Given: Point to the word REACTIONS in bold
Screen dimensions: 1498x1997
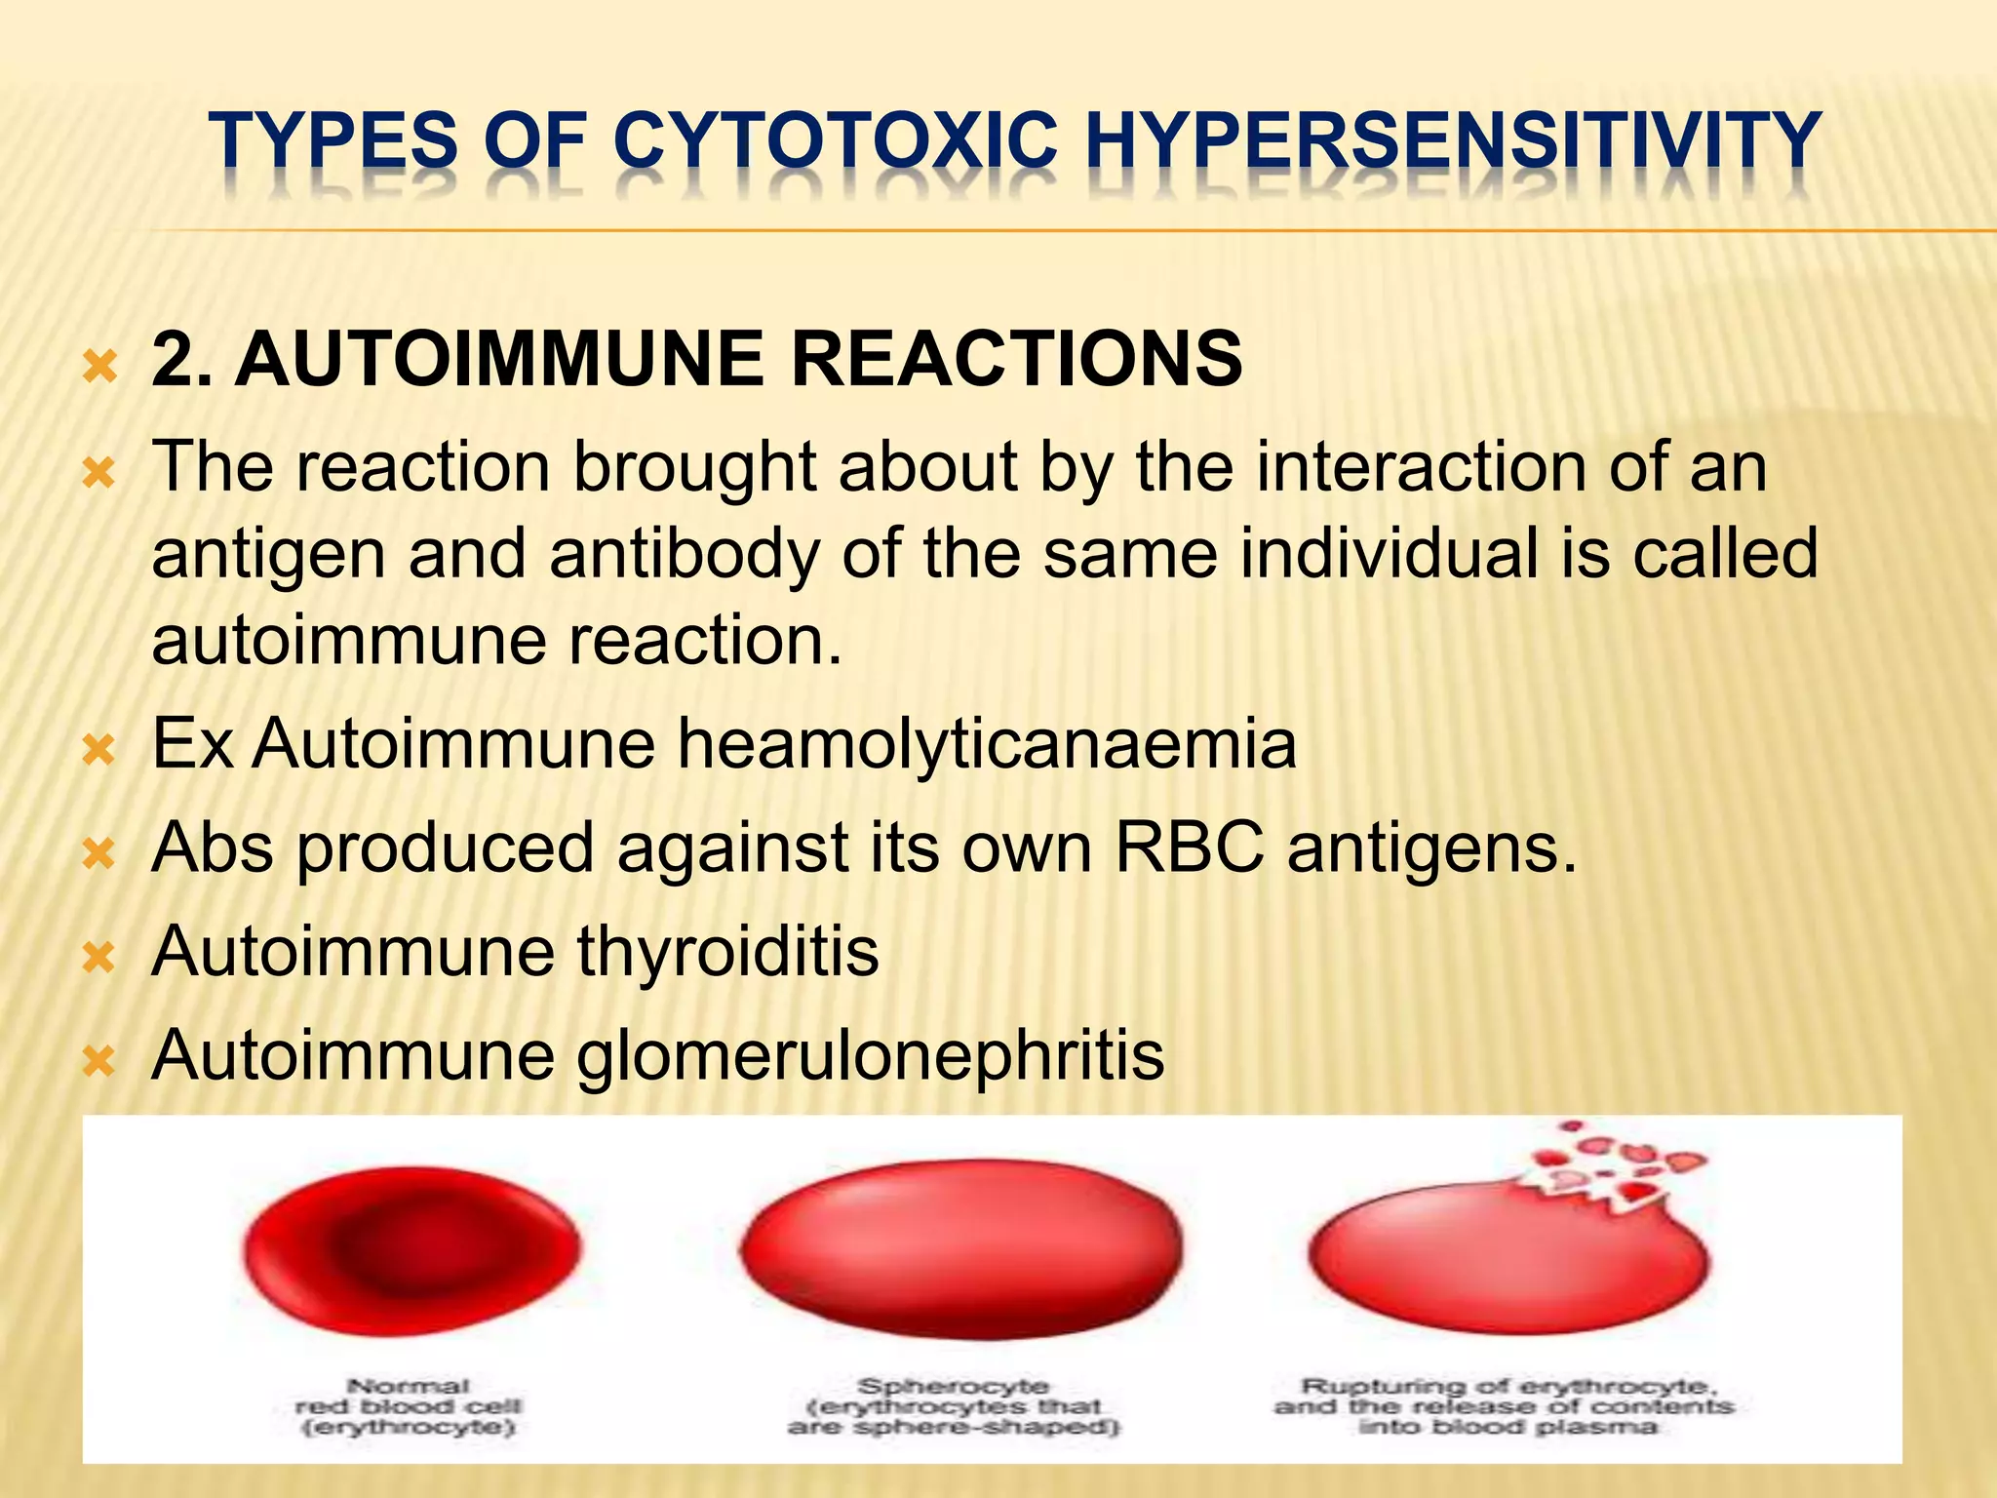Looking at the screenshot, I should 1016,359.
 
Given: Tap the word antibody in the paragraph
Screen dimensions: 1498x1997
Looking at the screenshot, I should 683,554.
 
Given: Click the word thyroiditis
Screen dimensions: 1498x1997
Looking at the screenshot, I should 727,951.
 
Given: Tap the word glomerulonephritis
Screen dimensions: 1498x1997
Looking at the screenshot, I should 870,1055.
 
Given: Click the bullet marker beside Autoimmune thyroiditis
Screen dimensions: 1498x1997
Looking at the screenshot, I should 99,958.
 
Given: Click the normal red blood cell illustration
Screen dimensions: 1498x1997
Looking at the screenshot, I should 411,1246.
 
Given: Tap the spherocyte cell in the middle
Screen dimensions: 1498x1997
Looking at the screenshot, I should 960,1248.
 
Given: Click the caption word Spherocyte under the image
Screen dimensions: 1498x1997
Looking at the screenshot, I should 953,1386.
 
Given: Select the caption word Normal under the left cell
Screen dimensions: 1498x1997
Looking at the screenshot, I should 409,1386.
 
